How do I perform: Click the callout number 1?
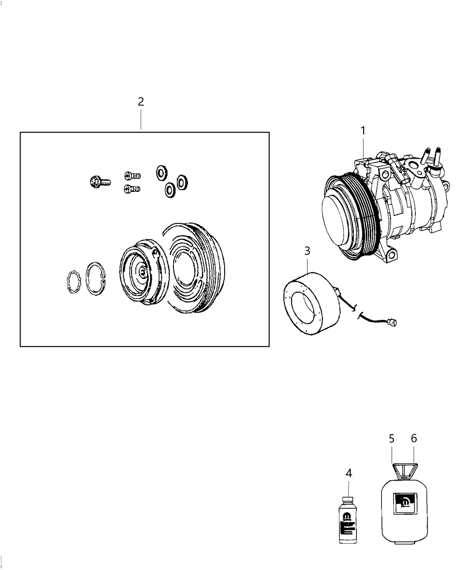(363, 131)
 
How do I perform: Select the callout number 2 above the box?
(141, 101)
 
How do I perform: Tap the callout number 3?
(307, 251)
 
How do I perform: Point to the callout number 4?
(348, 473)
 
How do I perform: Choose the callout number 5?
(392, 439)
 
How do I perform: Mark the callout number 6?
(414, 439)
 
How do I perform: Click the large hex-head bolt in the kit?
(99, 182)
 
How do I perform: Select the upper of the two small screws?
(132, 176)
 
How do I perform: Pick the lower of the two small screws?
(132, 189)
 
